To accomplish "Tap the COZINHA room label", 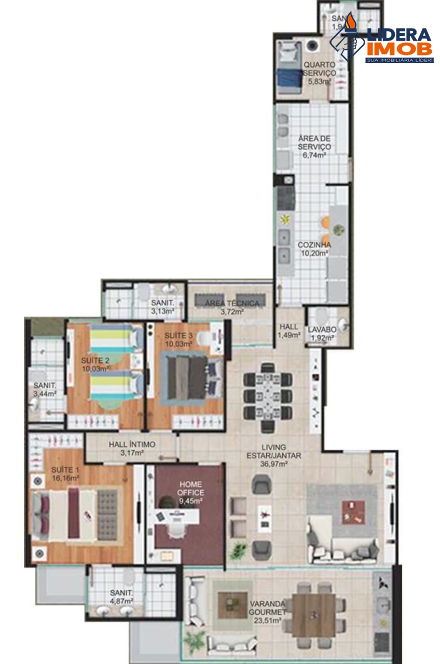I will tap(314, 245).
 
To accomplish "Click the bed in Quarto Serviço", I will tap(289, 67).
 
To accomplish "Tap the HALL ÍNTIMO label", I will tap(132, 445).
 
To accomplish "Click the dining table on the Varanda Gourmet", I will tap(313, 615).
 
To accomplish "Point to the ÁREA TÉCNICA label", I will tap(232, 303).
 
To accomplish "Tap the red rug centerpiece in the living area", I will tap(353, 512).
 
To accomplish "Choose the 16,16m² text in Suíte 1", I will tap(65, 478).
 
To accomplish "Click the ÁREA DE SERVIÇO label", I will tap(314, 143).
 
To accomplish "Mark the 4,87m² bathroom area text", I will tap(121, 601).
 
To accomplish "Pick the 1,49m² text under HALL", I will tap(289, 335).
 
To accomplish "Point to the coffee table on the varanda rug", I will tap(228, 605).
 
